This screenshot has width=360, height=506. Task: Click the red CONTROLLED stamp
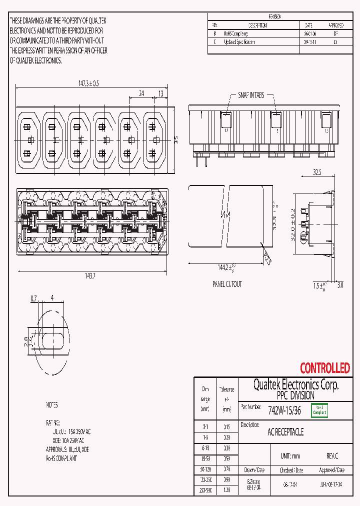324,368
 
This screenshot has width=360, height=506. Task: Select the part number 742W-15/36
284,411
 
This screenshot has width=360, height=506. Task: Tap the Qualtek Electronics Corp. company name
296,385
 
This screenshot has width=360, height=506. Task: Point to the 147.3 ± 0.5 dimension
88,83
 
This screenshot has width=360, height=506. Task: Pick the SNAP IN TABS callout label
251,95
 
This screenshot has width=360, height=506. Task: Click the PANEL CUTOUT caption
227,284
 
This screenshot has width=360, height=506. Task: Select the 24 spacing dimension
141,93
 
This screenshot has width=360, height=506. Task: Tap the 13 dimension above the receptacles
160,93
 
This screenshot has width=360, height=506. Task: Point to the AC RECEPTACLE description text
285,432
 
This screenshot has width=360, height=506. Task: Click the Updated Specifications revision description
239,42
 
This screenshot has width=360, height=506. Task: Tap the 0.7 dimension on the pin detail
34,298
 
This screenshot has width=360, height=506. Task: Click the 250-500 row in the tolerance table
205,490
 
